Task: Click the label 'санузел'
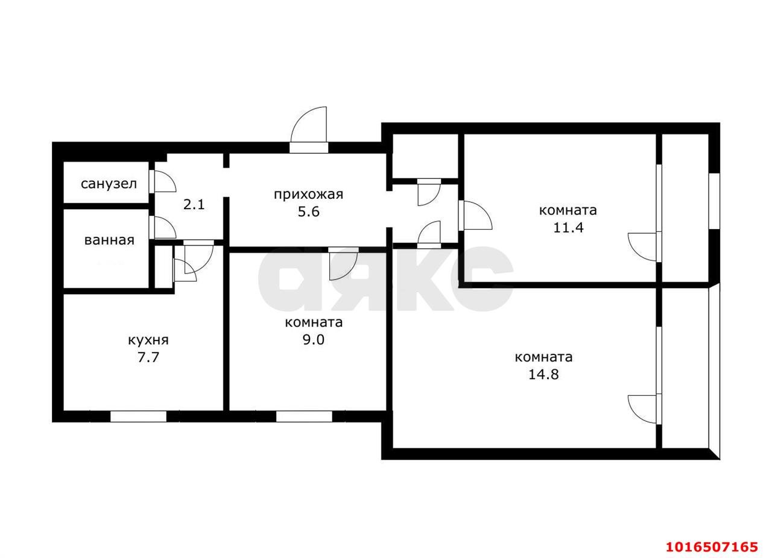pos(109,184)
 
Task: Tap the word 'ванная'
pos(109,240)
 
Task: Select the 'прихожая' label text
pos(308,195)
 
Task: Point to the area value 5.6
pos(309,212)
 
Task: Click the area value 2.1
pos(194,205)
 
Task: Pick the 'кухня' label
pos(148,340)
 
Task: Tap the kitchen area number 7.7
pos(148,357)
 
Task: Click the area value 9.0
pos(314,340)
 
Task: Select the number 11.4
pos(568,228)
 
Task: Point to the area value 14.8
pos(543,374)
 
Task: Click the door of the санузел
pos(163,181)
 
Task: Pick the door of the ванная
pos(163,227)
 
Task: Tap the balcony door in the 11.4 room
pos(644,247)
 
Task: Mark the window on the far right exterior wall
pos(715,201)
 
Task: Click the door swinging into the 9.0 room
pos(343,263)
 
